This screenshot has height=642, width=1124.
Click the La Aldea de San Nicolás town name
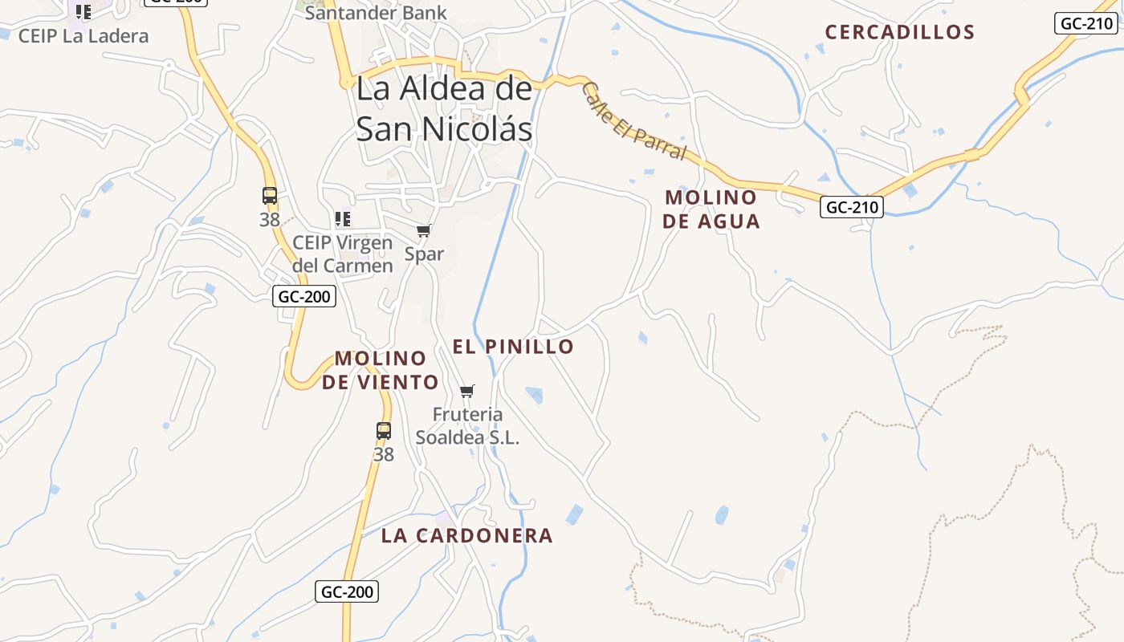click(444, 108)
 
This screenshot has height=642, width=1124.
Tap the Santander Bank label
click(376, 13)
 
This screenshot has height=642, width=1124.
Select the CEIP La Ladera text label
click(83, 36)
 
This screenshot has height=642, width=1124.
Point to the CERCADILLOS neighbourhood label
click(900, 32)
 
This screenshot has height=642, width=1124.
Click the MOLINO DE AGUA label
click(711, 209)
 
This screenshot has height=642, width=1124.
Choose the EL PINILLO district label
click(513, 347)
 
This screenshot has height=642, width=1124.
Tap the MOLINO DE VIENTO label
click(381, 370)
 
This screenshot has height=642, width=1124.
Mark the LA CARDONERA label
click(467, 535)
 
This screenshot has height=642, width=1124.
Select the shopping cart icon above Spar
click(424, 231)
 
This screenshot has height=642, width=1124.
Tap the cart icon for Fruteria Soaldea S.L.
click(467, 392)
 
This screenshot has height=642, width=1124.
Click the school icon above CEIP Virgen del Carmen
click(343, 218)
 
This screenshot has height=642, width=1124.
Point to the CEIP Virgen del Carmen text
click(343, 254)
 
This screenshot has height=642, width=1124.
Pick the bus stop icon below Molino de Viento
click(384, 431)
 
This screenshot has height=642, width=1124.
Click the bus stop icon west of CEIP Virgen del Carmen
click(270, 196)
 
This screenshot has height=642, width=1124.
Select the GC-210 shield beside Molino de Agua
click(852, 207)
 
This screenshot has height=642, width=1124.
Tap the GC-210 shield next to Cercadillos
click(1086, 23)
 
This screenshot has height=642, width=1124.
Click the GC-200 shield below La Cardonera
click(347, 592)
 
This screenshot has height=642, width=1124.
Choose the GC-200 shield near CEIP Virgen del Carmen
click(304, 296)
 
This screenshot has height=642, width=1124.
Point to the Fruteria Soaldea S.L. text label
click(467, 426)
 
